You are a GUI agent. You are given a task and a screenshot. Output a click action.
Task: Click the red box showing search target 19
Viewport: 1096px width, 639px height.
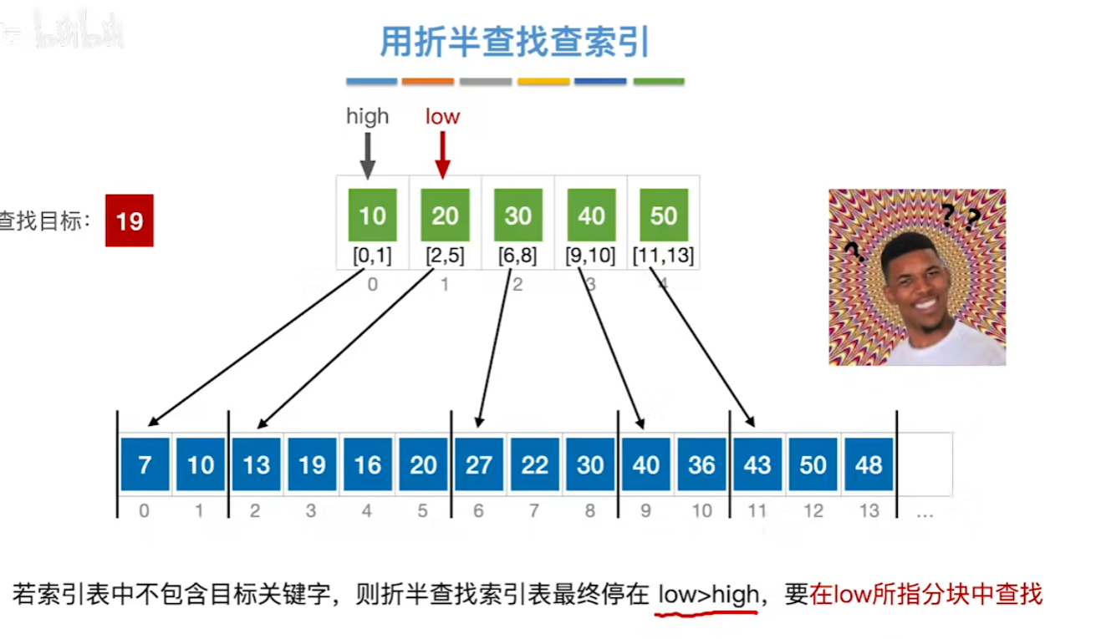pos(130,221)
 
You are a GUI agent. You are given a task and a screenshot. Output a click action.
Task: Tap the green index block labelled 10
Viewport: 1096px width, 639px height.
pos(372,216)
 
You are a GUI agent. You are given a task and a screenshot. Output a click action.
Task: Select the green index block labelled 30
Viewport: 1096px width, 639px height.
pos(518,216)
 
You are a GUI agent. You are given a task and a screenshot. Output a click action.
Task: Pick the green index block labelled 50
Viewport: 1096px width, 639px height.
pos(664,216)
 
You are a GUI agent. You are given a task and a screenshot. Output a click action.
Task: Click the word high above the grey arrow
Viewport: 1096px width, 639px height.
pos(368,116)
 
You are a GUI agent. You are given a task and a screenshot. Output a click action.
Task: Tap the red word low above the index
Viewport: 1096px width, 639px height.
pos(442,116)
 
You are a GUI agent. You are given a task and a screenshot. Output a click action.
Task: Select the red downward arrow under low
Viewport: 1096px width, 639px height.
pos(443,155)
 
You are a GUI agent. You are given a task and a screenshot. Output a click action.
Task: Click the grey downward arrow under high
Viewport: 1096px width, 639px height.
pos(368,155)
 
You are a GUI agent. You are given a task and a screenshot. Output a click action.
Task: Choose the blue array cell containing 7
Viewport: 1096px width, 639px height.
pos(145,464)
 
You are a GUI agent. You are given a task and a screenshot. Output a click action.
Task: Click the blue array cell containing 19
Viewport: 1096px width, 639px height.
pos(312,464)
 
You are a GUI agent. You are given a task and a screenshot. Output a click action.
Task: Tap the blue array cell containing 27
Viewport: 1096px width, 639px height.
pos(479,464)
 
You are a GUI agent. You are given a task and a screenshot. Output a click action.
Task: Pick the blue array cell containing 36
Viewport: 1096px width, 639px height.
pos(701,464)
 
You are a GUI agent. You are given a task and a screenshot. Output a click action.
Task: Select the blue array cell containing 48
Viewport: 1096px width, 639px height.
pos(869,464)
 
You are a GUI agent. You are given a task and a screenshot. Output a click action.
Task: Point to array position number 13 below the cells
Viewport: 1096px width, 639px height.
pos(869,511)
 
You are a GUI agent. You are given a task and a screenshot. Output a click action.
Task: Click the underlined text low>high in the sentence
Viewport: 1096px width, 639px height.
pos(708,595)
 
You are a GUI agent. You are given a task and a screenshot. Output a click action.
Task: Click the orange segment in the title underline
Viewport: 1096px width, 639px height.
pos(427,82)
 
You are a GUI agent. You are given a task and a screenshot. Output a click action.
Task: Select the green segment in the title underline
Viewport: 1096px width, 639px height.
pos(659,82)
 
